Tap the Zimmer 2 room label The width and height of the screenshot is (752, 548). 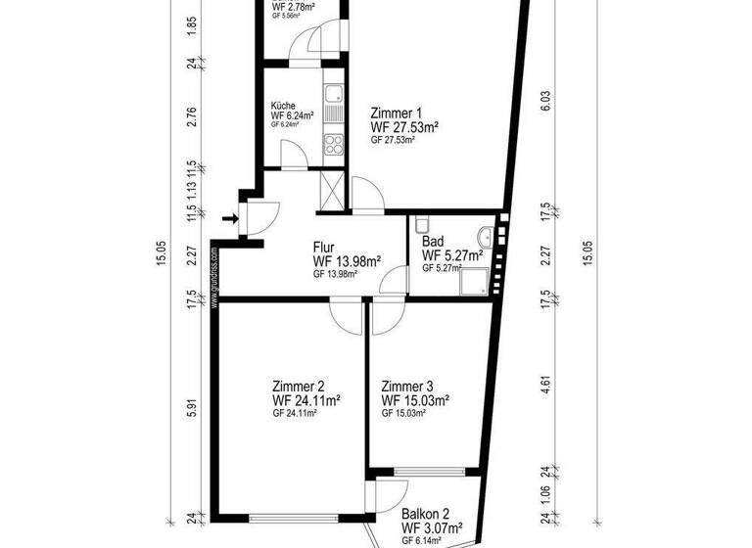point(299,386)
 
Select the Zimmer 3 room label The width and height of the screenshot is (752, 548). point(407,386)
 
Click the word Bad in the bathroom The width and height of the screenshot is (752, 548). point(432,242)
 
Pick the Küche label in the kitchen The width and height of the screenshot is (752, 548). point(283,106)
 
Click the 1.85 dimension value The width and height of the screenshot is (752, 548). point(193,23)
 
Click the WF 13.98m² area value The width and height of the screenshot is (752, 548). point(347,261)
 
